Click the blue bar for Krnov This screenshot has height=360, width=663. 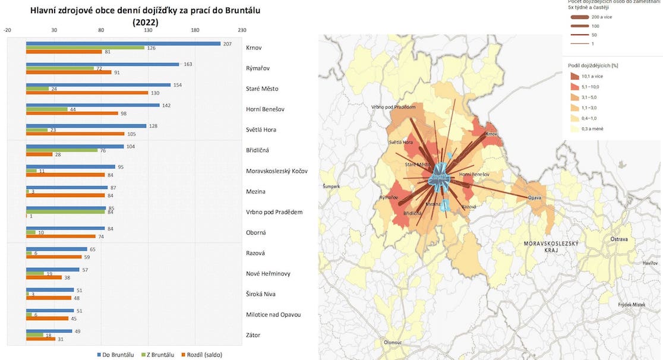click(x=123, y=43)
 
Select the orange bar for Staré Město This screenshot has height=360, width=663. click(x=87, y=93)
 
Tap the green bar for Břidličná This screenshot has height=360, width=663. click(x=62, y=150)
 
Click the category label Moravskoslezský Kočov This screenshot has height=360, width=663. click(x=277, y=171)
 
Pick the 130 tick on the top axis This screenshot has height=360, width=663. click(x=148, y=30)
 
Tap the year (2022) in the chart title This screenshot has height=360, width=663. click(x=146, y=21)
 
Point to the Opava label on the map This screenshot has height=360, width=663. click(x=535, y=197)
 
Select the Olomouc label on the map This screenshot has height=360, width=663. click(x=392, y=342)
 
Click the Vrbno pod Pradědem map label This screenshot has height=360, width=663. click(x=394, y=107)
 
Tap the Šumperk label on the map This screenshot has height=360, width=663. click(x=331, y=187)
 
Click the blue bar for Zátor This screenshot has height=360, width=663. click(x=49, y=331)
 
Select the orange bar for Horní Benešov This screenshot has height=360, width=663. click(x=71, y=113)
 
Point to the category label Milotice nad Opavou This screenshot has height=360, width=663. click(x=273, y=315)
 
